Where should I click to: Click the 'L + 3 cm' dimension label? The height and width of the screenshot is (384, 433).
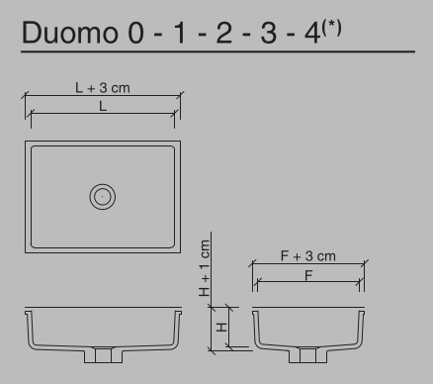[x=102, y=88]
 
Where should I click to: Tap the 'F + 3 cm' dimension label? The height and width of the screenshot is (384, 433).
[x=307, y=256]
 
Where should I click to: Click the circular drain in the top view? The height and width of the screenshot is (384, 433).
[x=102, y=195]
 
